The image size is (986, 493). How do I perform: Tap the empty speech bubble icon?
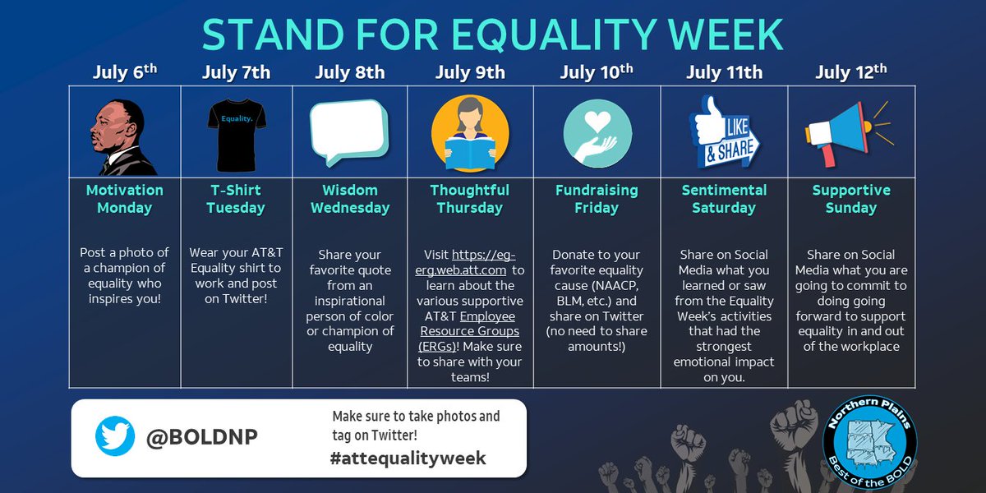click(x=348, y=130)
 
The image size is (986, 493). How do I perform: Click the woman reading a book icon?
click(x=470, y=131)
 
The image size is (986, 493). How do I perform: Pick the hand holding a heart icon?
click(x=597, y=131)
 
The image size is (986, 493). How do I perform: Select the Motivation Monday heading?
click(x=125, y=199)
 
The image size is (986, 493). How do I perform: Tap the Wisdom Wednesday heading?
click(x=350, y=199)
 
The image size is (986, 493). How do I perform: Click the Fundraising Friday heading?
click(x=597, y=199)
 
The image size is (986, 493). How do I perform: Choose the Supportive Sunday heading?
click(x=850, y=199)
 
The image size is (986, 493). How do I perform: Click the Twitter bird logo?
click(x=115, y=436)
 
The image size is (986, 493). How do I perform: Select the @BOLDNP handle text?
click(x=202, y=437)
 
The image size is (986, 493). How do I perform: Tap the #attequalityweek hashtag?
click(x=408, y=458)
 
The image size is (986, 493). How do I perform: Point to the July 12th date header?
click(x=850, y=71)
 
